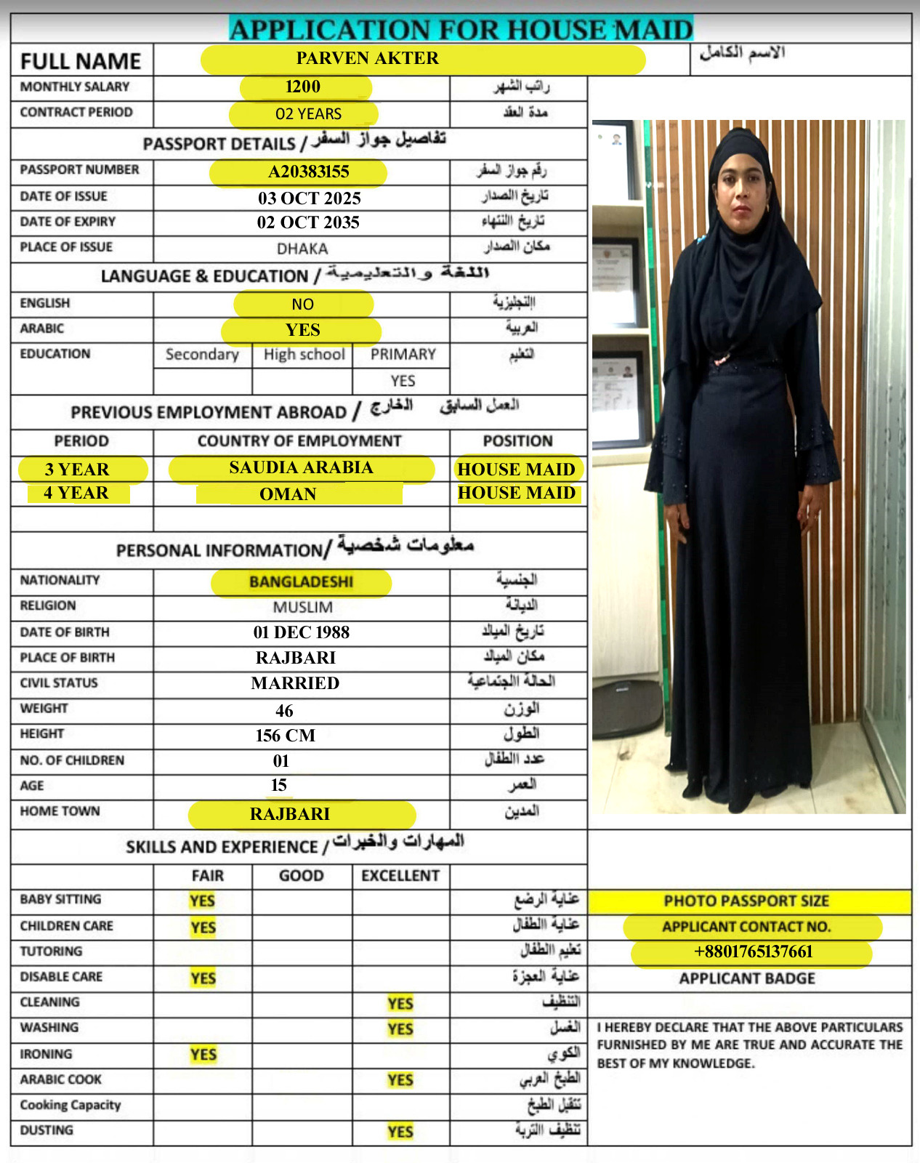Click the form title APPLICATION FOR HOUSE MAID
point(461,30)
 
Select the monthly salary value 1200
point(303,87)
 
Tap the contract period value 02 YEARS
point(308,114)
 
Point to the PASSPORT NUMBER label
point(79,169)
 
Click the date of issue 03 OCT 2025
point(309,198)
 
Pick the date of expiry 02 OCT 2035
point(308,222)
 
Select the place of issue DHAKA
point(302,249)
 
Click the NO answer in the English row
point(303,305)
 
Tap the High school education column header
point(304,355)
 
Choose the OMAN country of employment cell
point(288,494)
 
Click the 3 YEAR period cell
point(77,470)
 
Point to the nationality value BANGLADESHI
point(301,582)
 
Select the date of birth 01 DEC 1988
point(301,632)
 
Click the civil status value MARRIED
point(295,683)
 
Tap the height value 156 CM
point(286,736)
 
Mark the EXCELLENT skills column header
point(400,876)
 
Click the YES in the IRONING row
point(203,1055)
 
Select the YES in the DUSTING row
point(400,1132)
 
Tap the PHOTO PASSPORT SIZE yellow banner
point(747,901)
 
